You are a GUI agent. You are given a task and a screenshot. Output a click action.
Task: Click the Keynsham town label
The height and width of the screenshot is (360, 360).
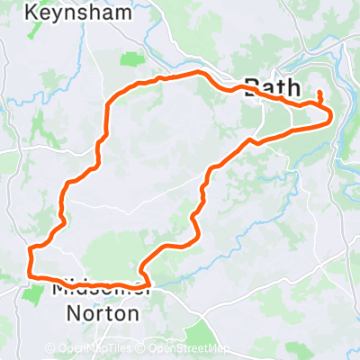pyautogui.click(x=73, y=13)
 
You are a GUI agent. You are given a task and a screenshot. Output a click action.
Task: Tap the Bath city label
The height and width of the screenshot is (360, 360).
pyautogui.click(x=274, y=88)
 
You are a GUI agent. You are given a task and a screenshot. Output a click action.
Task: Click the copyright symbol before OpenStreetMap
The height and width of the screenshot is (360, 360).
pyautogui.click(x=142, y=348)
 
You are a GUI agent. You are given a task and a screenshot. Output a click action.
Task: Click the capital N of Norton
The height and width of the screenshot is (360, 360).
pyautogui.click(x=76, y=314)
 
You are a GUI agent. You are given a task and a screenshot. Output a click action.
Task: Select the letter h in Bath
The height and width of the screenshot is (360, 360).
pyautogui.click(x=294, y=88)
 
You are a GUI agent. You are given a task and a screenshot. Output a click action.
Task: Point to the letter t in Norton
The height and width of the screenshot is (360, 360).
pyautogui.click(x=108, y=314)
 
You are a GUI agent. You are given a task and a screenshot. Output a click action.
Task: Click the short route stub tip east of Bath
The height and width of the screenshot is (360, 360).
pyautogui.click(x=320, y=93)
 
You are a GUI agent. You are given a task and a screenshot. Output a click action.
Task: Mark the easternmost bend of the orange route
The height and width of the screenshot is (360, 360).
pyautogui.click(x=332, y=114)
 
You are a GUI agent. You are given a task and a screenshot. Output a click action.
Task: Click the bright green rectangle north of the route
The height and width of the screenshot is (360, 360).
pyautogui.click(x=133, y=59)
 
